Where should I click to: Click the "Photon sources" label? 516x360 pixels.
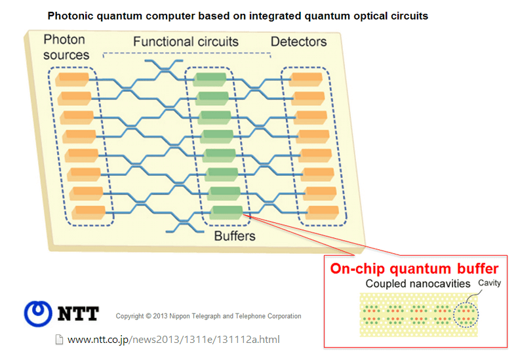tap(66, 47)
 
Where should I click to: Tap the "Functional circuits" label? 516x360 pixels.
tap(186, 42)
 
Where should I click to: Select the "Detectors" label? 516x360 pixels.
tap(298, 41)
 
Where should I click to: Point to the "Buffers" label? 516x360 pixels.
tap(234, 235)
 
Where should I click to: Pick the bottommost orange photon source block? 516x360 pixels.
tap(89, 212)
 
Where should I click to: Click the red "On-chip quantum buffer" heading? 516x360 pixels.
tap(414, 269)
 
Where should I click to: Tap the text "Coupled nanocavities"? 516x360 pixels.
tap(408, 284)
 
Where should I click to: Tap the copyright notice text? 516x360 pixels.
tap(208, 316)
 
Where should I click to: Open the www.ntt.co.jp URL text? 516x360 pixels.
tap(173, 340)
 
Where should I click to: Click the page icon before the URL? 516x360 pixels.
tap(59, 340)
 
